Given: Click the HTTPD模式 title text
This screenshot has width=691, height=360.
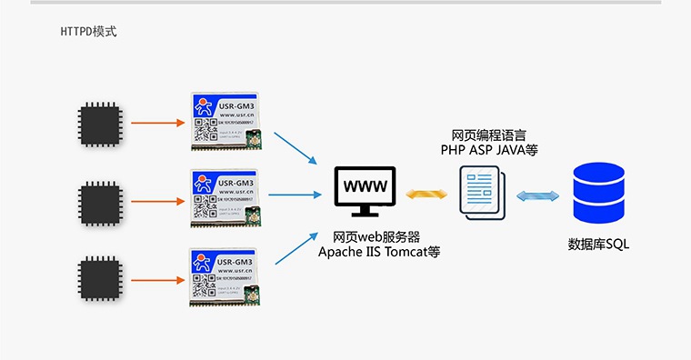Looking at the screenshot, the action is click(x=88, y=32).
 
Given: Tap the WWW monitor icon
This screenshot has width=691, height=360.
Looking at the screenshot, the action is click(x=365, y=190).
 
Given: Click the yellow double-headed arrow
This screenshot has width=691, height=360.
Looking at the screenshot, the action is click(x=423, y=194).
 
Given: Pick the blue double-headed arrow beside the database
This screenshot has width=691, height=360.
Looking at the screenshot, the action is click(x=536, y=195).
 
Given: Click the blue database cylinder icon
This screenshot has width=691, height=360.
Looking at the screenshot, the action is click(x=597, y=194).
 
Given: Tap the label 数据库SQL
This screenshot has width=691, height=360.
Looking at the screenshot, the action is click(x=598, y=245).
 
